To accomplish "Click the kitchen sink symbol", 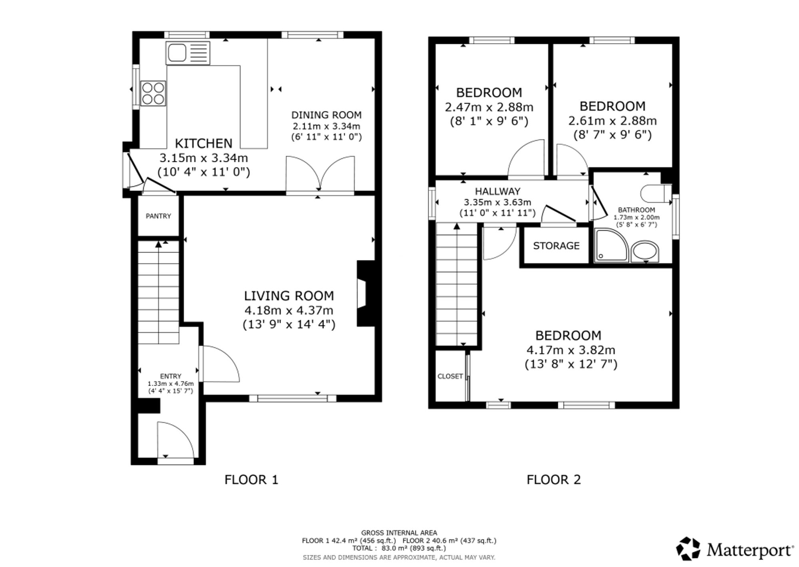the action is pyautogui.click(x=188, y=53).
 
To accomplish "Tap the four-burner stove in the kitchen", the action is pyautogui.click(x=153, y=93).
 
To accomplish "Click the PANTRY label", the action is pyautogui.click(x=158, y=216).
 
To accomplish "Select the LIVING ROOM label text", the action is pyautogui.click(x=289, y=296).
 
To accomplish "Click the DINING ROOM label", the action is pyautogui.click(x=326, y=115).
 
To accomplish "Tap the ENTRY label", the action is pyautogui.click(x=171, y=376).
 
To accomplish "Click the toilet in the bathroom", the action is pyautogui.click(x=656, y=194).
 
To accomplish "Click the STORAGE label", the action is pyautogui.click(x=556, y=246).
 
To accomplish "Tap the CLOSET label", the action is pyautogui.click(x=450, y=376).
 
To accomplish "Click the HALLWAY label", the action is pyautogui.click(x=497, y=191).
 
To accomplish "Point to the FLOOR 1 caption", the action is pyautogui.click(x=251, y=479).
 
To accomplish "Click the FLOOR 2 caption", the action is pyautogui.click(x=554, y=479).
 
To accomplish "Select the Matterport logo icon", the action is pyautogui.click(x=688, y=549).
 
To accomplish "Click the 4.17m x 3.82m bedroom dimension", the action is pyautogui.click(x=571, y=350).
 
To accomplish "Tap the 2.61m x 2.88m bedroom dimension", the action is pyautogui.click(x=612, y=121).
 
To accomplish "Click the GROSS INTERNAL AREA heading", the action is pyautogui.click(x=399, y=533).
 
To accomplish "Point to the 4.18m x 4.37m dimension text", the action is pyautogui.click(x=289, y=310).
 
